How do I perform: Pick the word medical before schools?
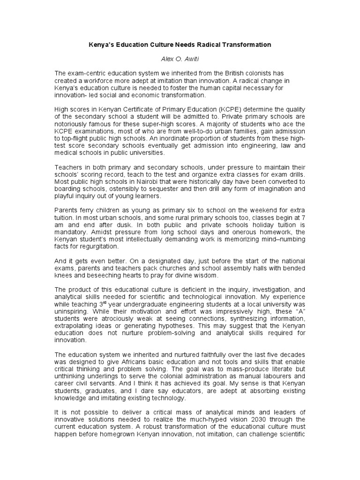point(68,152)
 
